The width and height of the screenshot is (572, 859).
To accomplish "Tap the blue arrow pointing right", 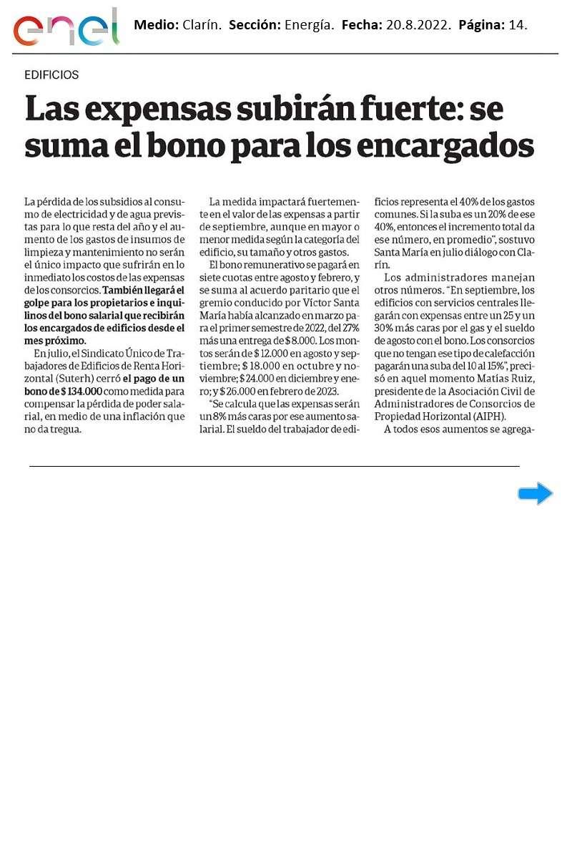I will pos(535,493).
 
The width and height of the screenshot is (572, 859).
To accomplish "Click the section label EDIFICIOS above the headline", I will pos(51,74).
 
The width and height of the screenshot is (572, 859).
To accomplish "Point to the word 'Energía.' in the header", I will pos(310,25).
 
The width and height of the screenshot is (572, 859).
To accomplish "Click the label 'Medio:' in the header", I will pos(157,25).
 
